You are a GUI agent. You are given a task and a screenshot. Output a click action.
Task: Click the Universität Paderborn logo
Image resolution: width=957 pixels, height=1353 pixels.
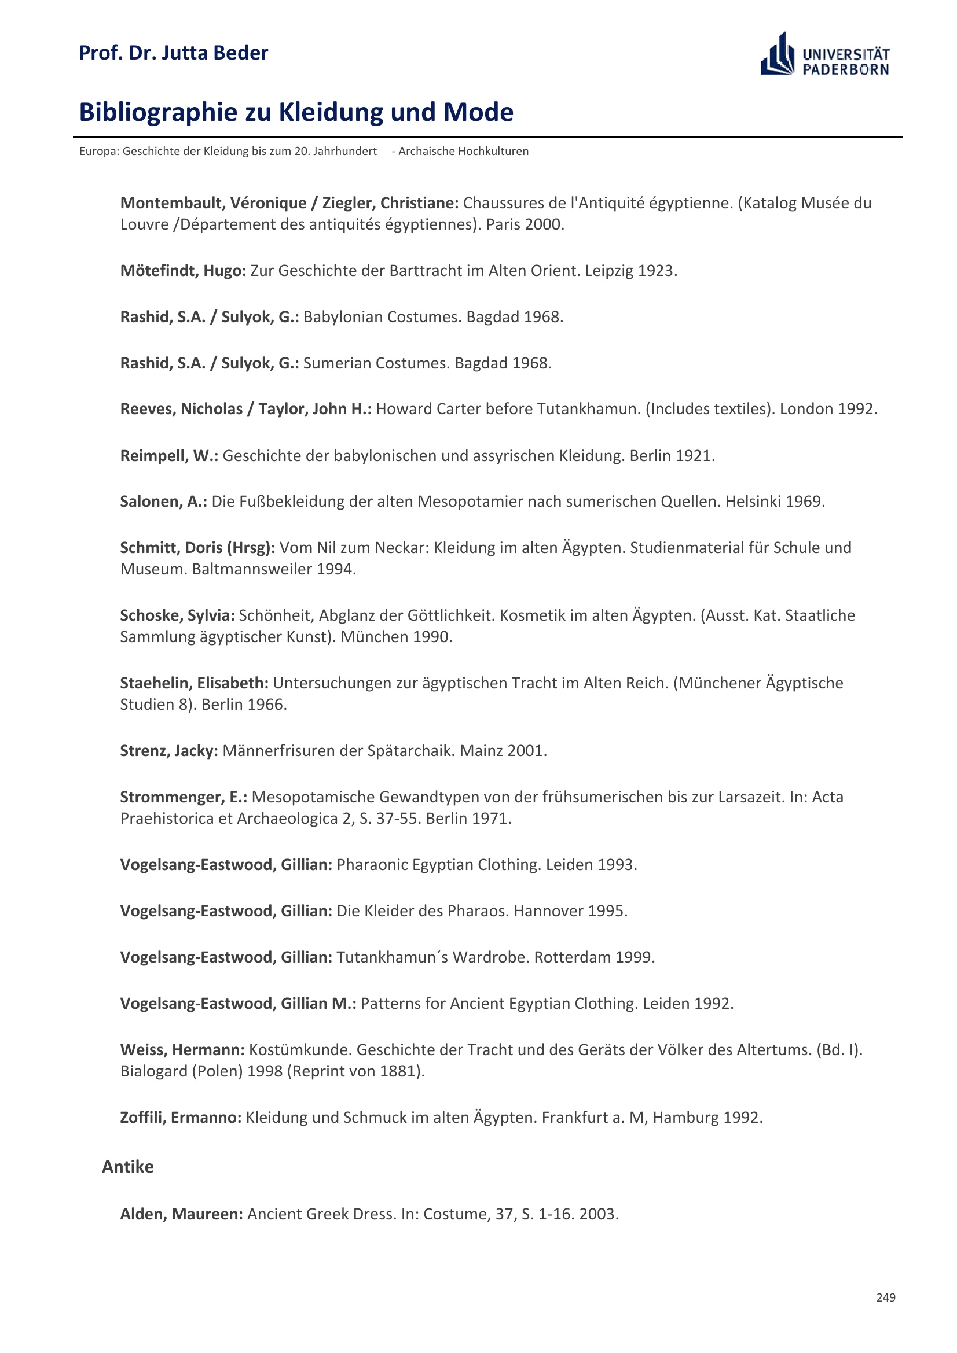pyautogui.click(x=824, y=54)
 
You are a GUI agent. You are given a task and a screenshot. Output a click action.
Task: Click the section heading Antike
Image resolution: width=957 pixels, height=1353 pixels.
pyautogui.click(x=127, y=1166)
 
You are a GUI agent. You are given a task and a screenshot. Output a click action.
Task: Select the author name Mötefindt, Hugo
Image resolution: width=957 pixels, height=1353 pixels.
pyautogui.click(x=183, y=271)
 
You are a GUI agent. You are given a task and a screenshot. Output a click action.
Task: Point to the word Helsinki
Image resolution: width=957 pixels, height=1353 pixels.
pyautogui.click(x=753, y=502)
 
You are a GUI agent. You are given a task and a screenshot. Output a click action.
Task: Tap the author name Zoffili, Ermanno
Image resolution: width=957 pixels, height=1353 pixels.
pyautogui.click(x=181, y=1118)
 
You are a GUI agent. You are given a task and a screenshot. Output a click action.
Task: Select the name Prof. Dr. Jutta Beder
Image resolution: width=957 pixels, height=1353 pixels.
pyautogui.click(x=173, y=53)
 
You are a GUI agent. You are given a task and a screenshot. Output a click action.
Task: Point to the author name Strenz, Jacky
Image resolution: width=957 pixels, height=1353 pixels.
pyautogui.click(x=168, y=751)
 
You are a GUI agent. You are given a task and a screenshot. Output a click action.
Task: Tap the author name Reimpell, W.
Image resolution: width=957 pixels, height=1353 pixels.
pyautogui.click(x=168, y=455)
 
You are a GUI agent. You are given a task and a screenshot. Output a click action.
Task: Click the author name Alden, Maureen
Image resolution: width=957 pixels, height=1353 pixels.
pyautogui.click(x=181, y=1214)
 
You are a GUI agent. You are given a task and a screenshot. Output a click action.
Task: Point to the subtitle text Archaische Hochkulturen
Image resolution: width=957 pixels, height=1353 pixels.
pyautogui.click(x=463, y=152)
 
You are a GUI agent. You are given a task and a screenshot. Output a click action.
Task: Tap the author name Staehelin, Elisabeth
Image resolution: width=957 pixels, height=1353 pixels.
pyautogui.click(x=194, y=683)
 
